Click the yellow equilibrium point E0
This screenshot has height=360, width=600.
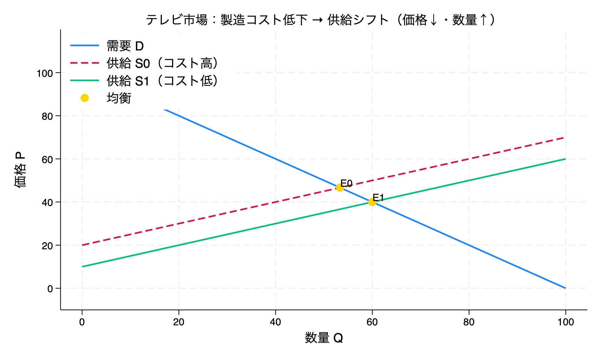pyautogui.click(x=340, y=188)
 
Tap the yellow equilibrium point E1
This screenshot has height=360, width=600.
pyautogui.click(x=372, y=202)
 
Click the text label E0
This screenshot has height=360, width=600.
pyautogui.click(x=346, y=183)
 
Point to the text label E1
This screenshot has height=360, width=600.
pyautogui.click(x=378, y=198)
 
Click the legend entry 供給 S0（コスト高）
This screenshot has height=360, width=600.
pyautogui.click(x=162, y=63)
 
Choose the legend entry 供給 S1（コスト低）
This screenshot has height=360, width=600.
pyautogui.click(x=162, y=81)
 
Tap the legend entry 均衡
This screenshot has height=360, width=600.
pyautogui.click(x=119, y=98)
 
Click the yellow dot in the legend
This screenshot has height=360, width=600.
pyautogui.click(x=85, y=98)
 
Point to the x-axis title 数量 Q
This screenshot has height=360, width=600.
pyautogui.click(x=324, y=338)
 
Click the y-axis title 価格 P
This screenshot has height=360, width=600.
pyautogui.click(x=20, y=169)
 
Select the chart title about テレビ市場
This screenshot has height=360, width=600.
pyautogui.click(x=320, y=20)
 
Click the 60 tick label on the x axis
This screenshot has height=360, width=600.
pyautogui.click(x=372, y=322)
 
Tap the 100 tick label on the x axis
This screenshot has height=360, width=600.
pyautogui.click(x=565, y=322)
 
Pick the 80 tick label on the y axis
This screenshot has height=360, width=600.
pyautogui.click(x=47, y=116)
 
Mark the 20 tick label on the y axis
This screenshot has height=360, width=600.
pyautogui.click(x=47, y=246)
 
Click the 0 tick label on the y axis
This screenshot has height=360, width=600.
pyautogui.click(x=50, y=289)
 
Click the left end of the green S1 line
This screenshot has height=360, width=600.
pyautogui.click(x=82, y=267)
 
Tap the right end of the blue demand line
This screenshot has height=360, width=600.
pyautogui.click(x=565, y=288)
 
